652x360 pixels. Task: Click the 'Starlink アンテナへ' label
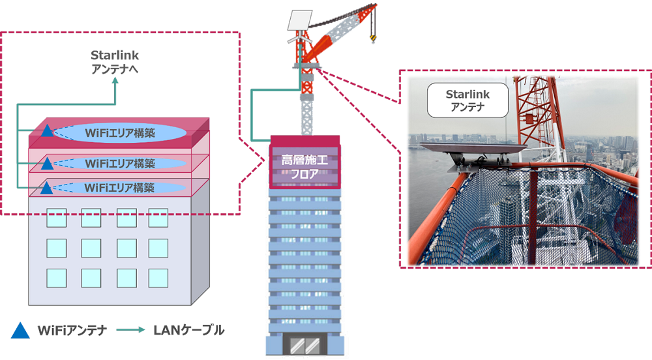[115, 62]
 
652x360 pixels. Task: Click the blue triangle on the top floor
[47, 132]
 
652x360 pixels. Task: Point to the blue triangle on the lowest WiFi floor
[47, 188]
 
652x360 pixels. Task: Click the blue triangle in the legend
[21, 331]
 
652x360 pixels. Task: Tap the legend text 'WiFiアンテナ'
[72, 331]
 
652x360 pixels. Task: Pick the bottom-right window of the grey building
[158, 277]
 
